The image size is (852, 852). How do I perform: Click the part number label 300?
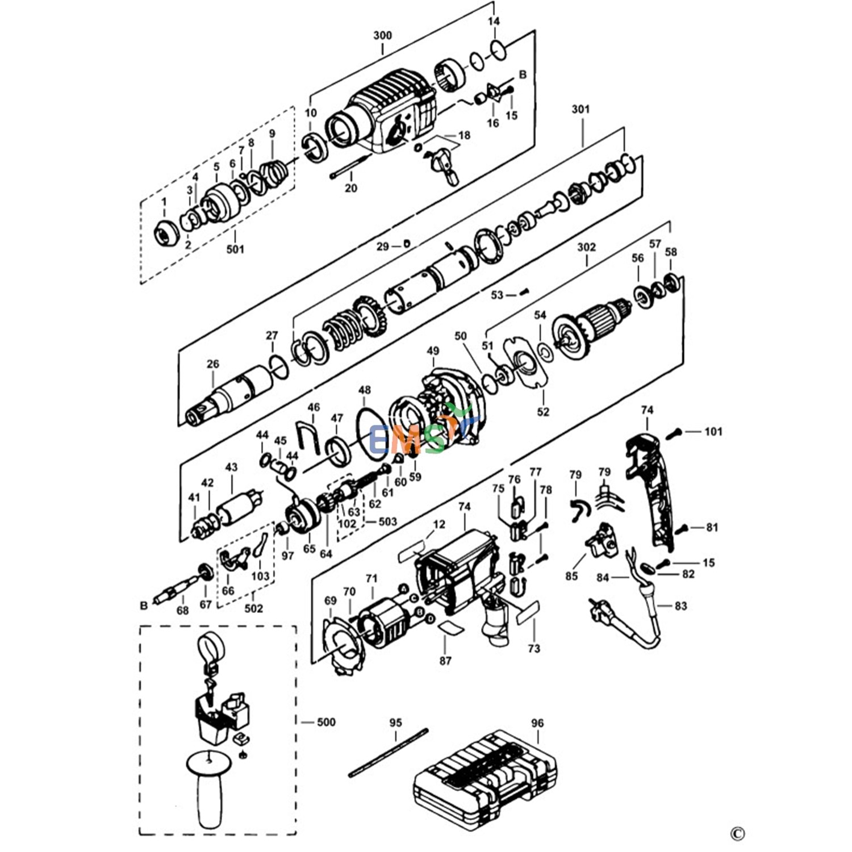[x=382, y=35]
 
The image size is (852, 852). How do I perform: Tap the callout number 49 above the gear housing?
[x=433, y=351]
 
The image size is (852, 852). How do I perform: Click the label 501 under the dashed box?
[x=235, y=249]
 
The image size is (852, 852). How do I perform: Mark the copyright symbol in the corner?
[x=737, y=834]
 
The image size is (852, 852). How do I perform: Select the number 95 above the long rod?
[x=395, y=722]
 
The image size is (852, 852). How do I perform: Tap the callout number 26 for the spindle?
[x=213, y=364]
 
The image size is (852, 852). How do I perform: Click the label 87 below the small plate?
[x=445, y=660]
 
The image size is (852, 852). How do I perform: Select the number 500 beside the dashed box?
[x=325, y=722]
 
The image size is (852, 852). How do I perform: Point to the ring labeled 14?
[x=498, y=50]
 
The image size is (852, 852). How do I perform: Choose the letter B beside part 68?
[x=144, y=605]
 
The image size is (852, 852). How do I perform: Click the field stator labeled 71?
[x=383, y=622]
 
